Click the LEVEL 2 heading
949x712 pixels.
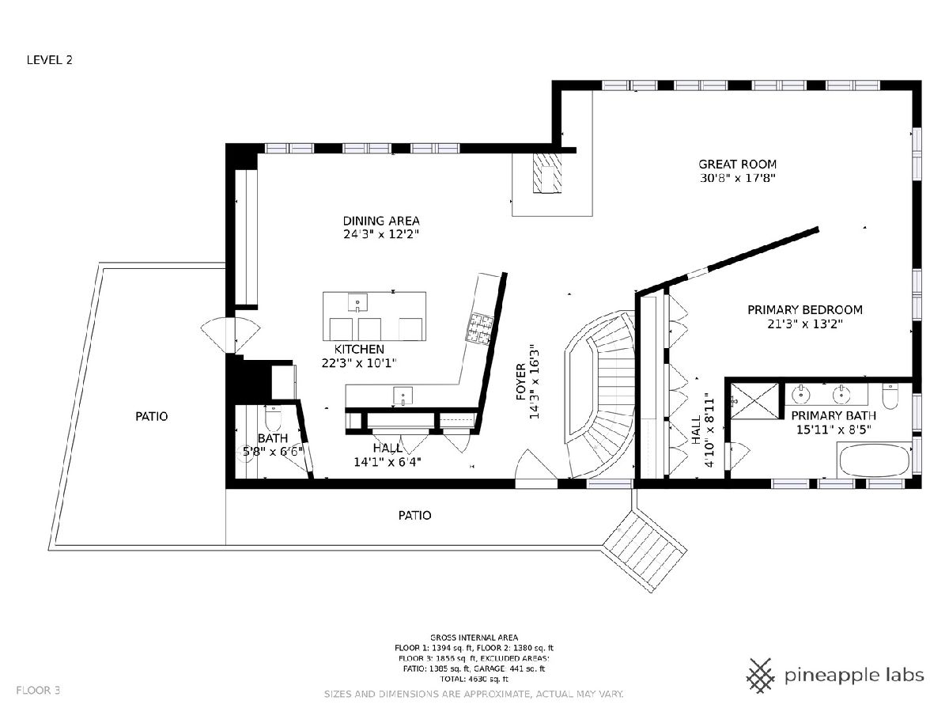(x=49, y=60)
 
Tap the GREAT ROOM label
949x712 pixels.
(x=737, y=165)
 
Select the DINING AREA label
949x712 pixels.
(x=381, y=221)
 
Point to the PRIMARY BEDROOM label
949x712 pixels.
(x=804, y=309)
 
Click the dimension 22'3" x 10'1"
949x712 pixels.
(x=359, y=362)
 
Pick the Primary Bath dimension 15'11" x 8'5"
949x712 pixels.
(x=834, y=430)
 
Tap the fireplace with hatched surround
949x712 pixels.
(x=547, y=173)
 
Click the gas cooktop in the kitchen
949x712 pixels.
(x=479, y=329)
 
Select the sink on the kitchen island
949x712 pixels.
(x=357, y=303)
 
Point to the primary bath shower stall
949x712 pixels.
(x=754, y=401)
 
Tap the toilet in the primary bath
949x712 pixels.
(x=890, y=396)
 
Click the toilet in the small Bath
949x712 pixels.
(x=272, y=418)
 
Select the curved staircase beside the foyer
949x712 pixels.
(x=601, y=393)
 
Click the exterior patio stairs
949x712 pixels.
(x=645, y=551)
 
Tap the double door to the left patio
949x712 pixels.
(x=230, y=335)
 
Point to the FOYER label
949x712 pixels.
(x=521, y=382)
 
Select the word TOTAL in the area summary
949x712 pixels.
(x=452, y=679)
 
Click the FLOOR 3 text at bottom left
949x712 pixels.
(x=38, y=691)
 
